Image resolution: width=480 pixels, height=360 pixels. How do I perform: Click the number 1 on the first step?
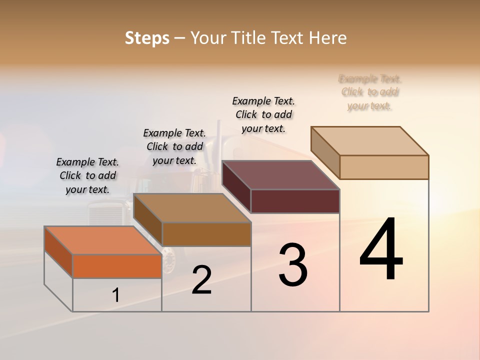click(116, 295)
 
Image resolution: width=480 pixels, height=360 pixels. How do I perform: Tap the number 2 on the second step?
click(201, 280)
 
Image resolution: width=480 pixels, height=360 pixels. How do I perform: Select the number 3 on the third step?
click(293, 265)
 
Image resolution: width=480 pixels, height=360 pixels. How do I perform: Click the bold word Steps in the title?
click(147, 38)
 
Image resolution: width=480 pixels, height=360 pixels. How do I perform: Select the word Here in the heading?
click(328, 38)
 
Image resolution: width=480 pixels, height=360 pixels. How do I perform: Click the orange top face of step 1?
click(102, 240)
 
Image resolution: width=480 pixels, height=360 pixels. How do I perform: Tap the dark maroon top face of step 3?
click(281, 175)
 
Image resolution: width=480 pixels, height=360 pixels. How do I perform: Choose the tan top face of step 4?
click(370, 141)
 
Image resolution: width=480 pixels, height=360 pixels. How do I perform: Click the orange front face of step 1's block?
click(117, 266)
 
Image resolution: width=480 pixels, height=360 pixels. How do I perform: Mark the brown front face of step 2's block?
click(206, 234)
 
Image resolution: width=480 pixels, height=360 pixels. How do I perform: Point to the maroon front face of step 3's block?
click(295, 201)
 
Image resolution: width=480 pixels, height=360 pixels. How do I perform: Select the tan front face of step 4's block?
click(384, 167)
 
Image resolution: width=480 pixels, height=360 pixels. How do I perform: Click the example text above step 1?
click(87, 175)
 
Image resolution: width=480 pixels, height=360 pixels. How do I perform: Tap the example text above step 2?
click(174, 146)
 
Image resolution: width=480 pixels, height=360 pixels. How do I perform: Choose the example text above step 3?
click(263, 114)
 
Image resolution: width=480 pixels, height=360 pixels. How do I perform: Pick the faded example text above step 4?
click(370, 92)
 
